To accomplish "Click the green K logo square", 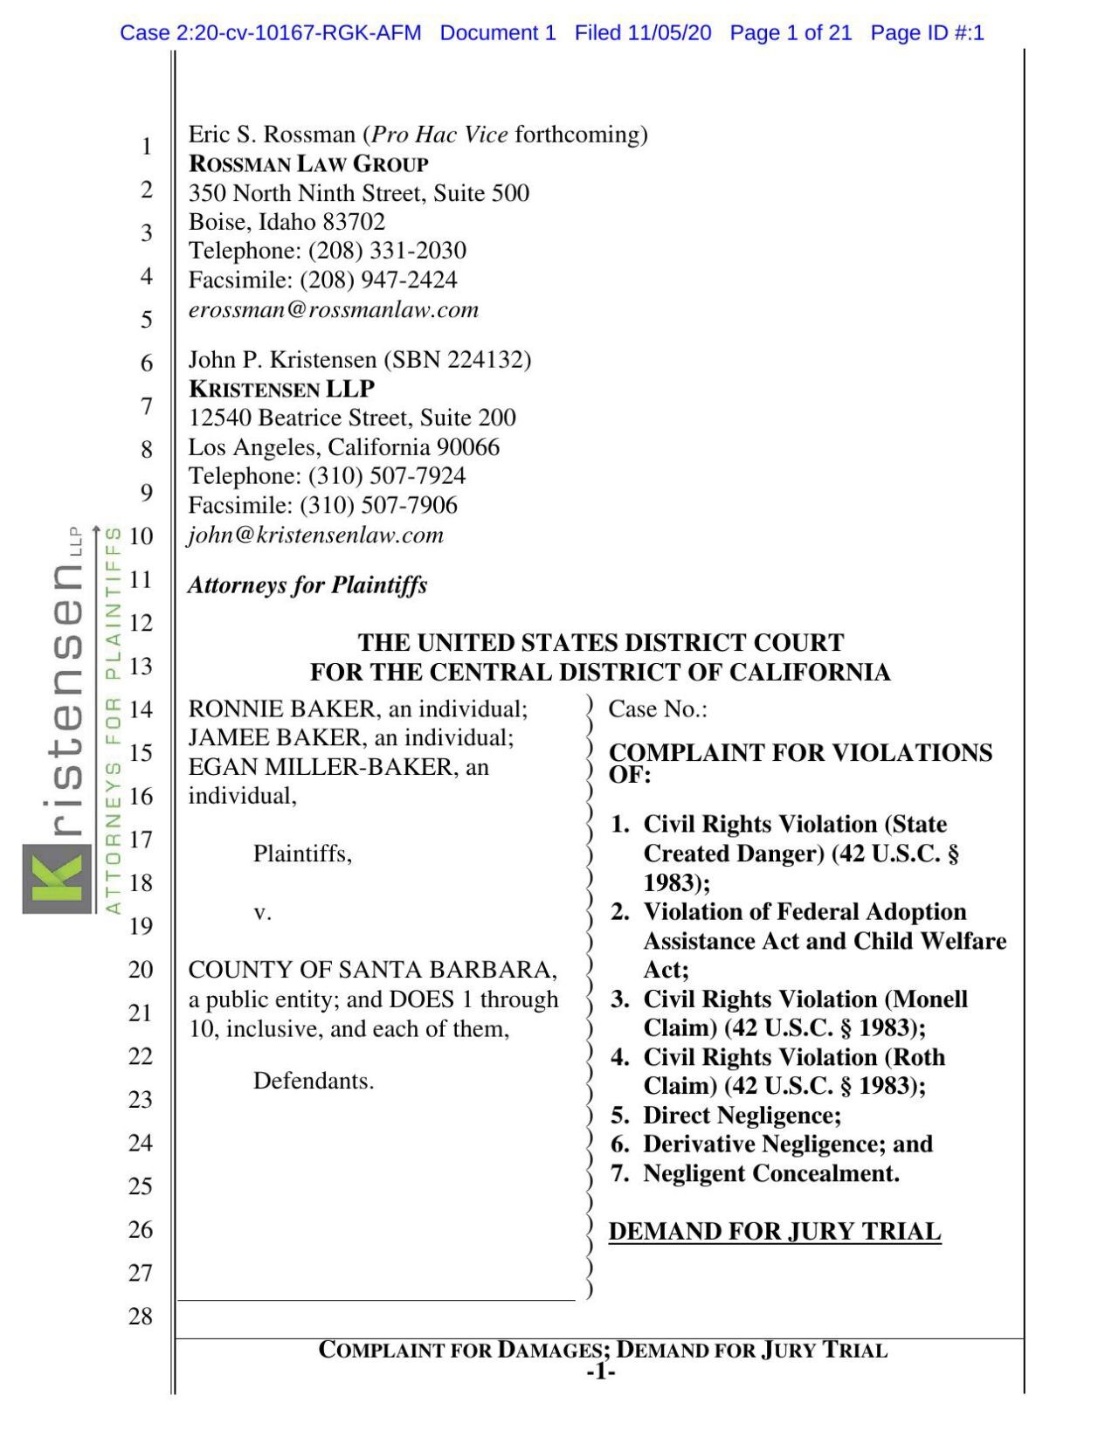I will [x=56, y=877].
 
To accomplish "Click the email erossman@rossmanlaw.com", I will [x=334, y=310].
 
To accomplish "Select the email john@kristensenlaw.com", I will [x=316, y=535].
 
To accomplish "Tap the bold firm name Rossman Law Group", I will [x=308, y=164].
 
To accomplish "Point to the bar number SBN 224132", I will [x=466, y=360].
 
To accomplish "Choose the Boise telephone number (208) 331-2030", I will [x=387, y=251].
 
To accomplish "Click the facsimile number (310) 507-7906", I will [x=378, y=505].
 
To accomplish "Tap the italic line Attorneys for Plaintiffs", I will [x=307, y=584].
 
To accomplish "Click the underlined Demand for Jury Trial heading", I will [x=774, y=1231].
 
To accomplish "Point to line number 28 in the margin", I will [x=141, y=1316].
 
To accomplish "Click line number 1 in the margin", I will [x=147, y=146].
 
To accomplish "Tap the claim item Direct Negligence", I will [x=742, y=1115].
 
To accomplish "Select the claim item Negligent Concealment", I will [x=770, y=1173].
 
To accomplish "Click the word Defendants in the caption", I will [x=313, y=1081].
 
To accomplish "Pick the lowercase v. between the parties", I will [x=262, y=912].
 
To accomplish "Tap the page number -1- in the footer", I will [x=601, y=1372].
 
